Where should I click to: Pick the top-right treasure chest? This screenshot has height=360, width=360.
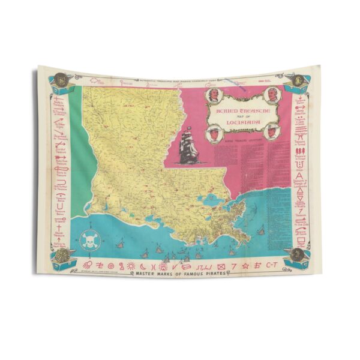pos(298,85)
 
